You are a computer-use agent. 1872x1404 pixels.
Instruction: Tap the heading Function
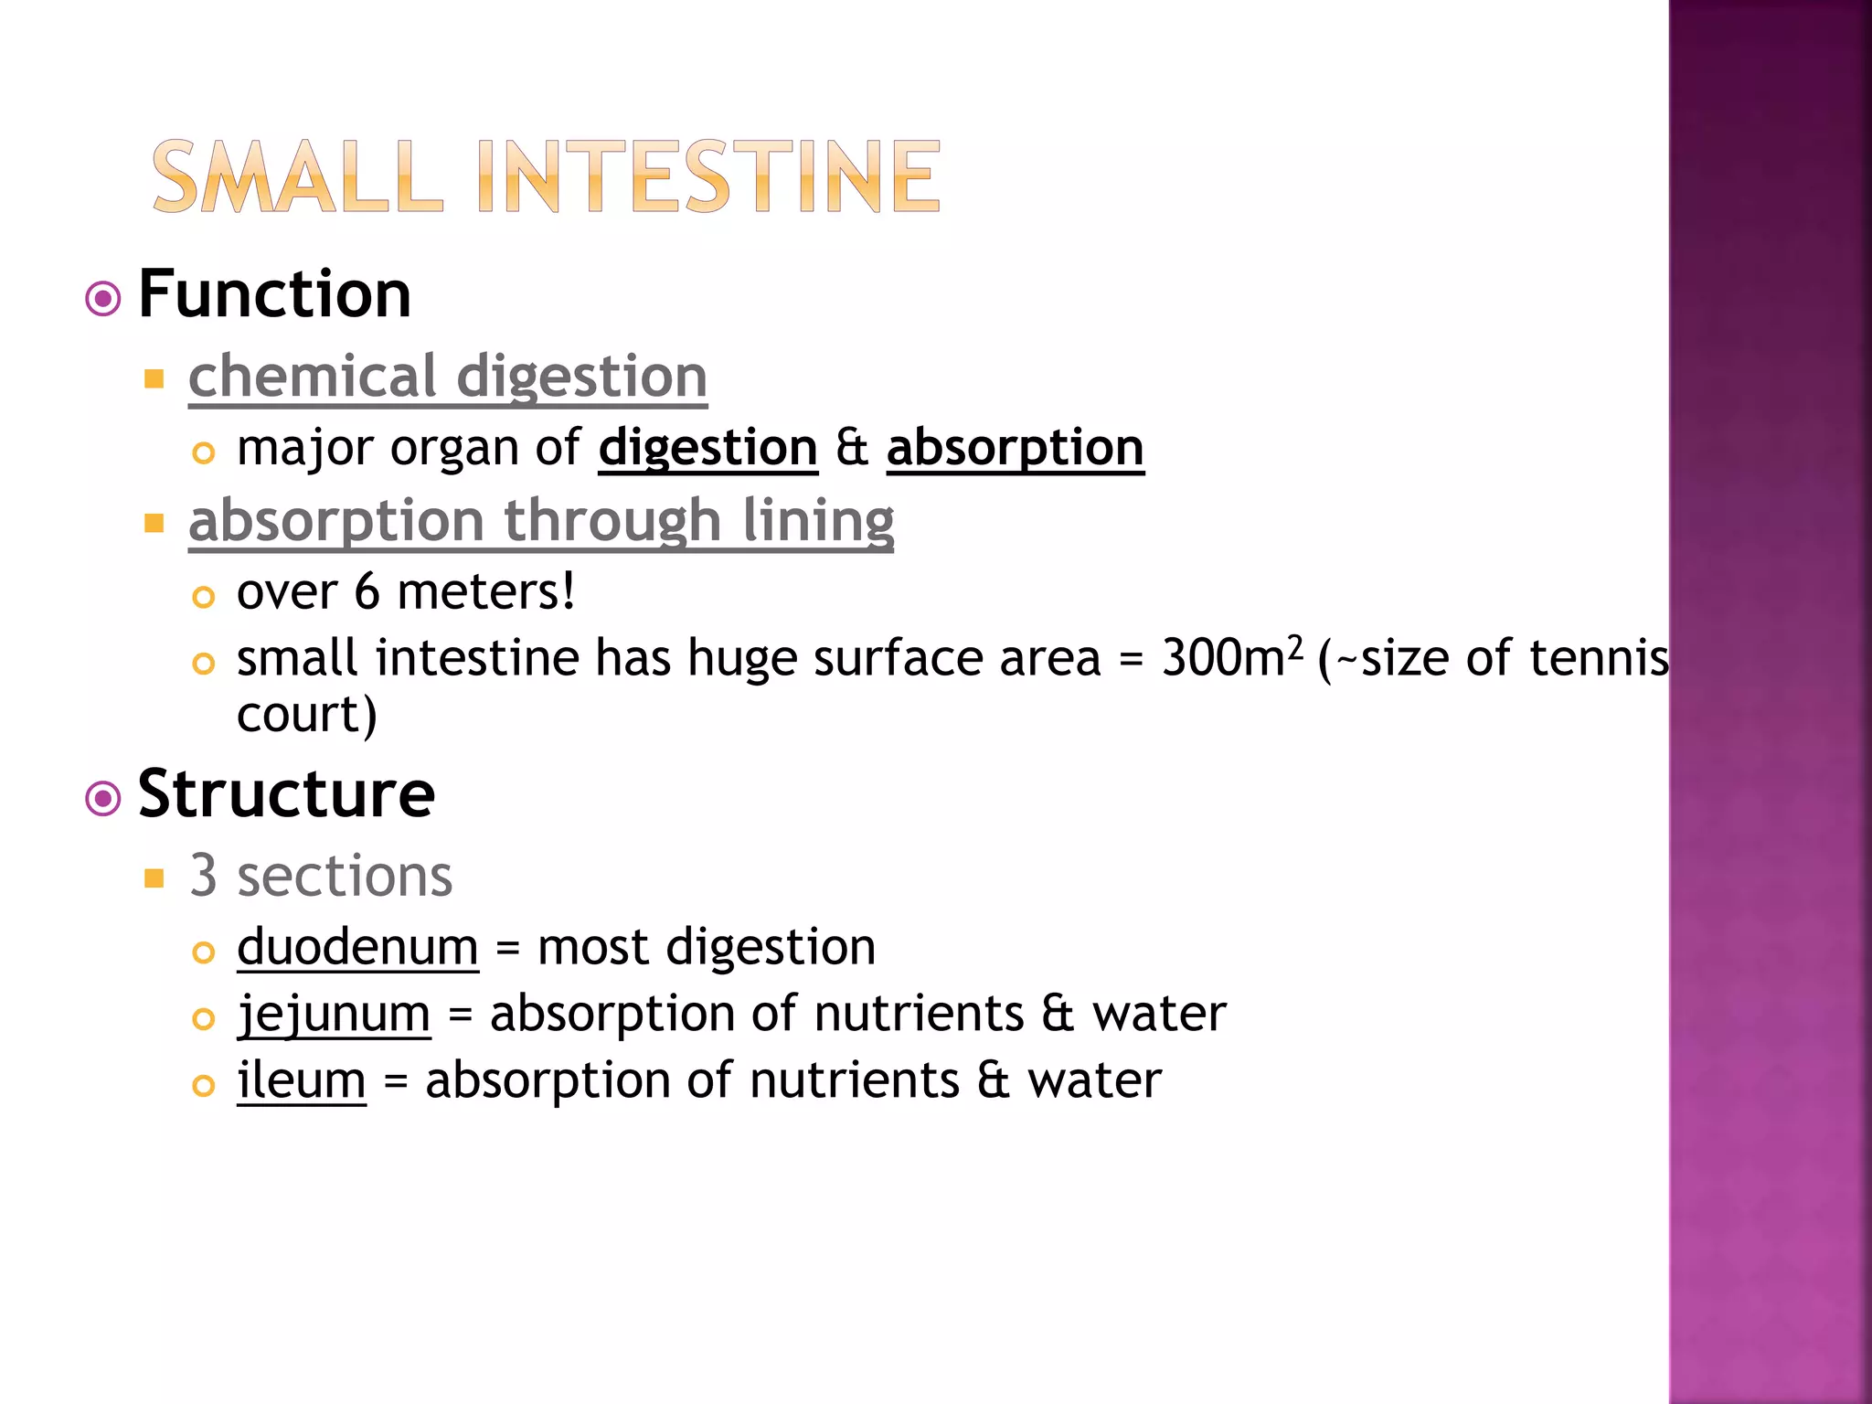pos(274,294)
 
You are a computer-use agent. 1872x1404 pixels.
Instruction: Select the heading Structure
pos(286,793)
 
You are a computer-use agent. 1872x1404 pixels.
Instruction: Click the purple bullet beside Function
pos(103,299)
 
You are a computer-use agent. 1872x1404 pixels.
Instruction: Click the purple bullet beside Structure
pos(103,798)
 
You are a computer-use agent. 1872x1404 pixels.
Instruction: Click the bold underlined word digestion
pos(707,448)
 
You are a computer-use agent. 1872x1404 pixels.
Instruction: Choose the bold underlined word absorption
pos(1015,448)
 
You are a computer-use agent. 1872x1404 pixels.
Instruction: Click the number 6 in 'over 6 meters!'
pos(367,591)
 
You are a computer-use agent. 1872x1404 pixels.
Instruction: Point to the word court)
pos(306,715)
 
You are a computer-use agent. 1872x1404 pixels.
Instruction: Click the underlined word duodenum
pos(357,947)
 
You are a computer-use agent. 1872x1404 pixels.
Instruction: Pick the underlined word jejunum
pos(334,1014)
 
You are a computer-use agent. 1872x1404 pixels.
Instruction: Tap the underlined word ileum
pos(302,1080)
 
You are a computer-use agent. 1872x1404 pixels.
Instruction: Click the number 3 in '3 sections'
pos(203,876)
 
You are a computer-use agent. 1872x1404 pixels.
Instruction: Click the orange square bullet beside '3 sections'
pos(154,879)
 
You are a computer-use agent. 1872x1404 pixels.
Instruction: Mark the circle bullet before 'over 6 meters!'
pos(203,598)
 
